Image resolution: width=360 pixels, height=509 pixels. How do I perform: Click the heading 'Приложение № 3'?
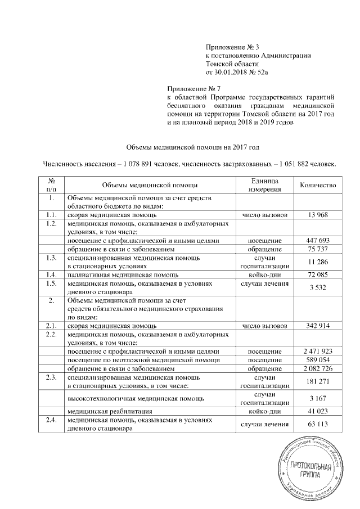pos(231,46)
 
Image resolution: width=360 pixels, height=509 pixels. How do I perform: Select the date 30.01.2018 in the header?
pos(231,72)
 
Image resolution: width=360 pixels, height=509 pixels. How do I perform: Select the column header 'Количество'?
pos(318,185)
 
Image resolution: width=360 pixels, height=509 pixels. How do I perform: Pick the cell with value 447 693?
pos(318,241)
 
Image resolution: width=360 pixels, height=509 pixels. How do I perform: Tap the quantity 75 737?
pos(318,249)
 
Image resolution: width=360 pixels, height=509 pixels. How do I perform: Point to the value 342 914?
pos(318,326)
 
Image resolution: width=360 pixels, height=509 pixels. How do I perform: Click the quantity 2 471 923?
pos(318,351)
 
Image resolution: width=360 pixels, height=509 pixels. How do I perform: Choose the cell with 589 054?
pos(318,359)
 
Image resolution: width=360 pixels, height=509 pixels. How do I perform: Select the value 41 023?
pos(318,411)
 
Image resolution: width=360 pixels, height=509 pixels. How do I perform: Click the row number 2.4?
pos(51,420)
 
